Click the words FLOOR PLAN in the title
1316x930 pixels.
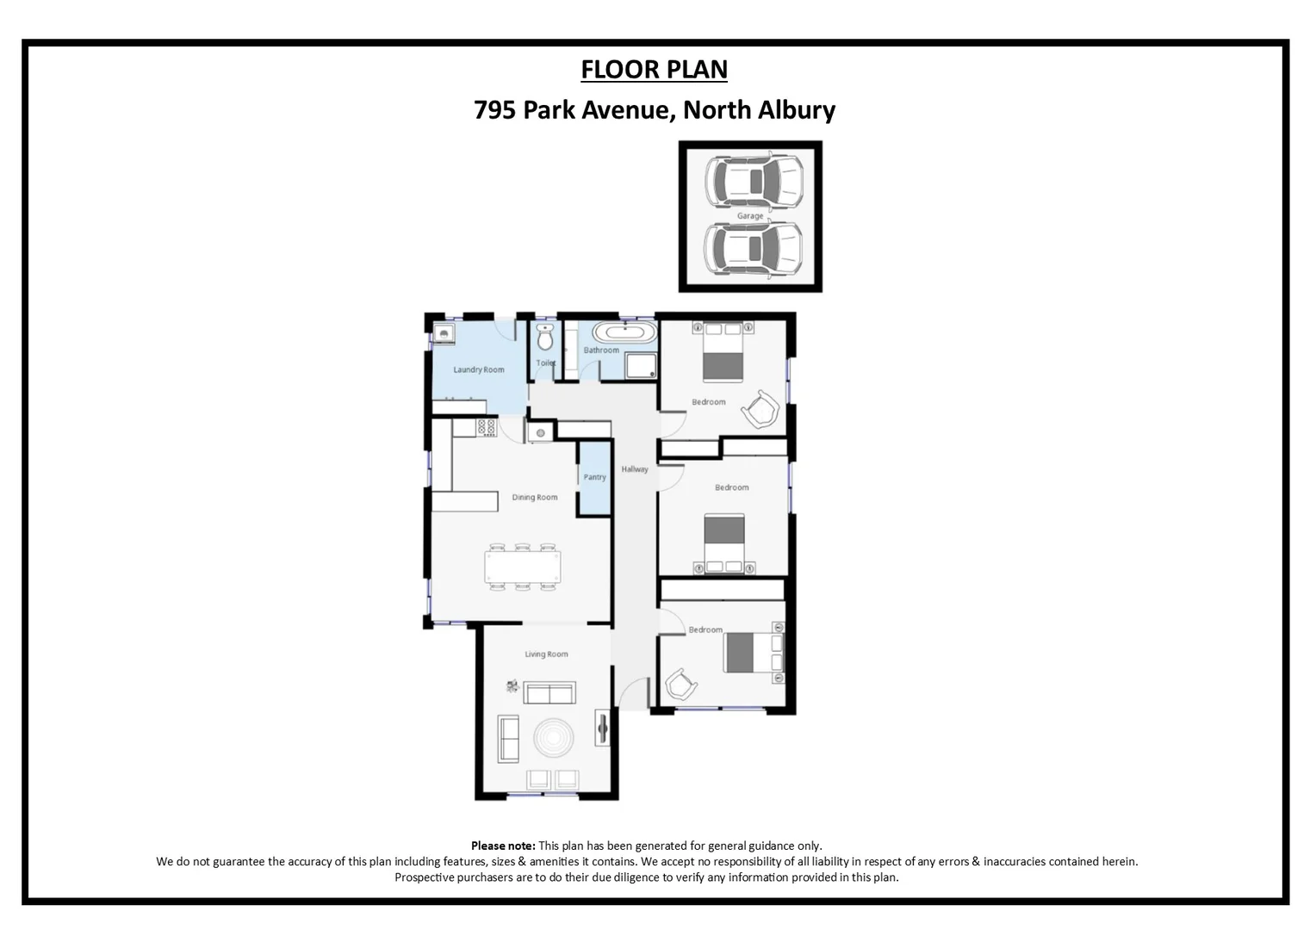coord(654,70)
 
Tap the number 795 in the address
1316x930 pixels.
coord(494,110)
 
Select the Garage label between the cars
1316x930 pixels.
coord(749,216)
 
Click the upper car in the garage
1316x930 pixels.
coord(754,181)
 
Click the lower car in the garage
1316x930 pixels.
coord(754,250)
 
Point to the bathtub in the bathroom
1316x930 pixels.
coord(624,332)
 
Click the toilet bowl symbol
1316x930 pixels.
coord(544,338)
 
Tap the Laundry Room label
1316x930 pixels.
coord(479,370)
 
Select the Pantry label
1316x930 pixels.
coord(594,477)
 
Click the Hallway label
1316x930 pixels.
coord(635,469)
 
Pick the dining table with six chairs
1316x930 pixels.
coord(522,567)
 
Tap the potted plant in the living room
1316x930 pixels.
coord(512,686)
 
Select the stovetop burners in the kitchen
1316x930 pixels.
coord(487,427)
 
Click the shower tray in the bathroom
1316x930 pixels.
coord(641,366)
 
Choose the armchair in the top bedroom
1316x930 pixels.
coord(760,409)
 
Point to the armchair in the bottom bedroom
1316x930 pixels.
coord(680,686)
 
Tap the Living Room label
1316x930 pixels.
coord(546,654)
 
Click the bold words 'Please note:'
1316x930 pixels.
coord(503,846)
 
